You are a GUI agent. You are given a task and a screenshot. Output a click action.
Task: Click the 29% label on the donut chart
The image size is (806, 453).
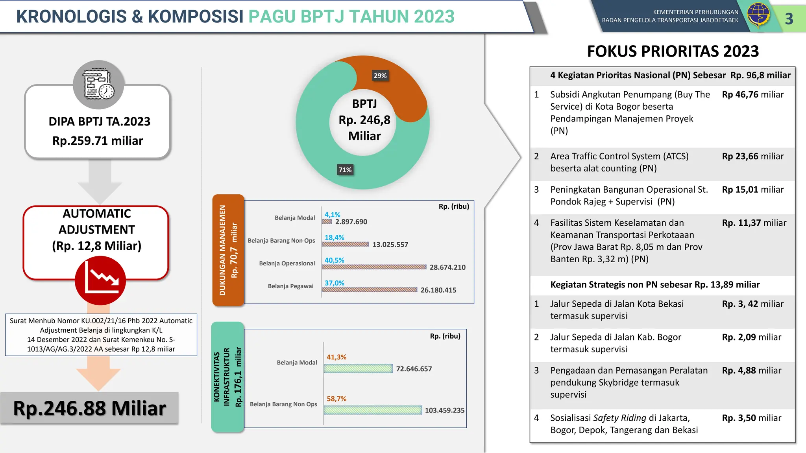pos(380,75)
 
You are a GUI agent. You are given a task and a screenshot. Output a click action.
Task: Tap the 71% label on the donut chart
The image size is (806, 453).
pos(345,169)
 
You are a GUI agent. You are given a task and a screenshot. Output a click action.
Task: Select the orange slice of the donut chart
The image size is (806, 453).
pos(397,83)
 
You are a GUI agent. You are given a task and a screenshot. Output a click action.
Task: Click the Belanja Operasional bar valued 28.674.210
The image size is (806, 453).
pos(374,267)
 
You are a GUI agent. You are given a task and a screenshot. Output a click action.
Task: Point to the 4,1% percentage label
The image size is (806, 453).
pos(332,215)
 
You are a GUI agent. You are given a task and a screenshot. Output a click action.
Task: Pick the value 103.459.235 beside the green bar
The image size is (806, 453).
pos(444,410)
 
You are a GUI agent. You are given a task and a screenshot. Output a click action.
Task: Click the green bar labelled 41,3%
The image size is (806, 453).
pos(358,368)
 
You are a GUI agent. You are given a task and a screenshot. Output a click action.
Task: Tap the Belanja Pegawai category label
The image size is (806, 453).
pos(290,286)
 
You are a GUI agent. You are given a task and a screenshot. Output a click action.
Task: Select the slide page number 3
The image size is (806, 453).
pos(789,19)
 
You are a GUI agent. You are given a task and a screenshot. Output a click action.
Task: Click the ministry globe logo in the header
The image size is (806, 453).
pos(758,15)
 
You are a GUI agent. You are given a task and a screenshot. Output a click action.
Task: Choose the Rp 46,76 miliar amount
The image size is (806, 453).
pos(752,94)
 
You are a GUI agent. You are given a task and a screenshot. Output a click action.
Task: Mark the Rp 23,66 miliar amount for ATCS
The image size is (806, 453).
pos(752,156)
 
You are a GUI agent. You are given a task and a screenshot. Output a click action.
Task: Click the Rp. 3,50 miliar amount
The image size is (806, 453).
pos(751,418)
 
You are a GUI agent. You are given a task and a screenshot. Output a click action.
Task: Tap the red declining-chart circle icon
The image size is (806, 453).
pos(100,280)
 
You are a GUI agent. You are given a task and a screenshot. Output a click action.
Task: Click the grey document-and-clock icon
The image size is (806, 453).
pos(98,85)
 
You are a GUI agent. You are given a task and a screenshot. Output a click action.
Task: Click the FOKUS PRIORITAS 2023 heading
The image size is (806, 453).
pos(673,51)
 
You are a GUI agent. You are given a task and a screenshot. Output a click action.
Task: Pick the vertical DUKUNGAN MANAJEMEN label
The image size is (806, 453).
pos(223,250)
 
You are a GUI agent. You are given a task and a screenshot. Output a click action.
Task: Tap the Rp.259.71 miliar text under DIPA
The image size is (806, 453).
pos(98,140)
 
